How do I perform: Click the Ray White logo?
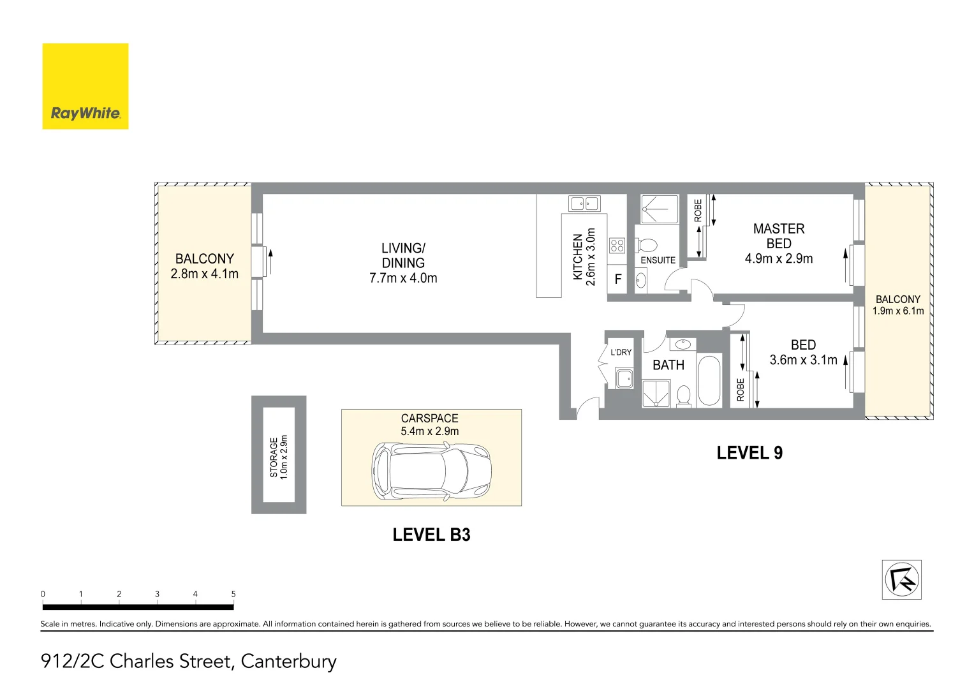point(85,87)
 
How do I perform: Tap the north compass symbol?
point(901,580)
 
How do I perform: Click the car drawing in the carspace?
point(432,472)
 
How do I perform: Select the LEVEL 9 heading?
point(749,453)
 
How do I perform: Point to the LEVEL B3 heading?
point(431,535)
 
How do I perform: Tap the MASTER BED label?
point(778,236)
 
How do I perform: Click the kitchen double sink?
point(584,204)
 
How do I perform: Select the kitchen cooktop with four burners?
point(617,246)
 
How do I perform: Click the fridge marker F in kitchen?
point(617,279)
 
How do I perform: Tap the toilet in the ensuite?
point(647,246)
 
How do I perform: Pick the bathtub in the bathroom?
point(709,381)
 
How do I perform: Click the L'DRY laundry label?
point(621,352)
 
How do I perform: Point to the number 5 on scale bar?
point(233,594)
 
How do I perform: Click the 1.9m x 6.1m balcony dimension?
point(897,311)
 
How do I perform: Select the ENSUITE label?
point(658,260)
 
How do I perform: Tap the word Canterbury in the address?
point(288,662)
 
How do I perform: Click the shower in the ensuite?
point(660,209)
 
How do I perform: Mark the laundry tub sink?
point(624,378)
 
